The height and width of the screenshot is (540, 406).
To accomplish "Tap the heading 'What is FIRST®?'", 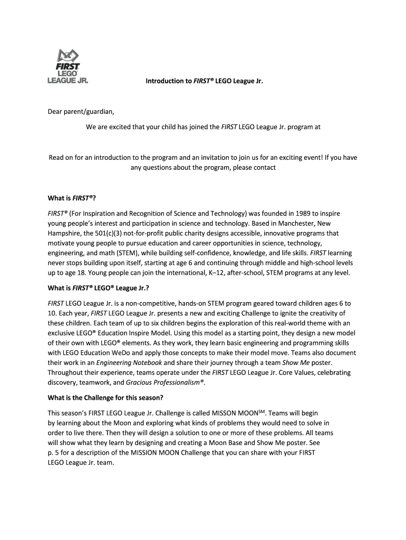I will click(72, 198).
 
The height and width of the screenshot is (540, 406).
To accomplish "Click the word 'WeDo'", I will click(123, 353).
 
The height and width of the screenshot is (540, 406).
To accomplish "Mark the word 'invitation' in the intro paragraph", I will click(227, 158).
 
